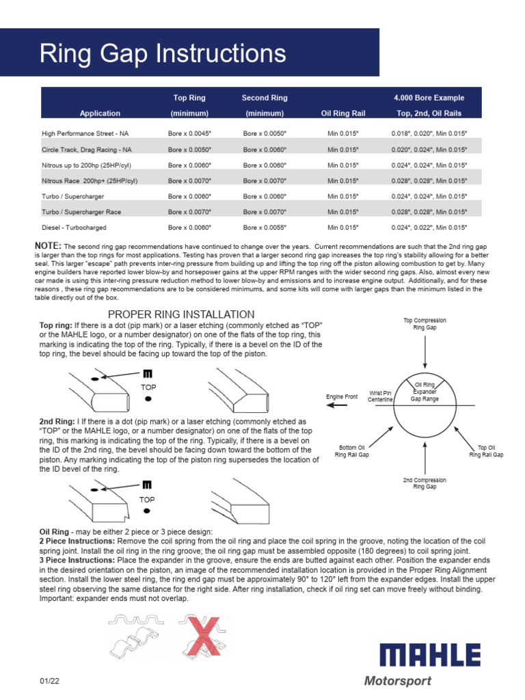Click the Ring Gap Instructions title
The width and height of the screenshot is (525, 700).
(163, 54)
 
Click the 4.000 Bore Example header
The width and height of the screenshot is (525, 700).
(429, 98)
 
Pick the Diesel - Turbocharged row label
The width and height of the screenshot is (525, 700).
(74, 228)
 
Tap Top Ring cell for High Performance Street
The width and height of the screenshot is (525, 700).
(189, 133)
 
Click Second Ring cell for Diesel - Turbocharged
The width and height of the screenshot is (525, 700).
(265, 228)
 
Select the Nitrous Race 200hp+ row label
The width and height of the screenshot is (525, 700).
(90, 180)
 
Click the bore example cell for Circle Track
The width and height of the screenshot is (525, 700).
(429, 149)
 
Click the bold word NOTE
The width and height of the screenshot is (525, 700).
(48, 245)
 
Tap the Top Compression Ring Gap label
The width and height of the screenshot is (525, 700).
(425, 323)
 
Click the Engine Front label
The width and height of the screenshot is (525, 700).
(342, 396)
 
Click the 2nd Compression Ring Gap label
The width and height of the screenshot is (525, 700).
(425, 483)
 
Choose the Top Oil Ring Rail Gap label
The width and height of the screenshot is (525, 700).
(486, 450)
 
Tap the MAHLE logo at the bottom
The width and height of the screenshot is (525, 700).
(430, 656)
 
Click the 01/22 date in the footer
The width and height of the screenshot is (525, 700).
(49, 682)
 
